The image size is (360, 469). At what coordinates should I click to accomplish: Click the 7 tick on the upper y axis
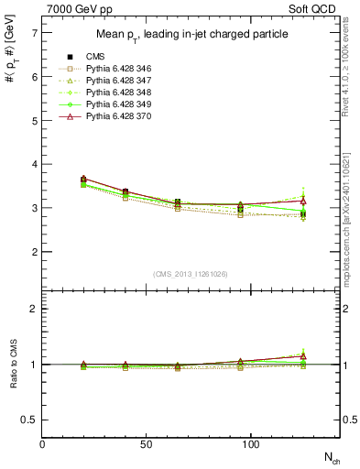pos(35,33)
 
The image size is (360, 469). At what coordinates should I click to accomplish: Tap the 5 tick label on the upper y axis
pos(35,120)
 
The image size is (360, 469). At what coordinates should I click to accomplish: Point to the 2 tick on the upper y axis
pos(35,252)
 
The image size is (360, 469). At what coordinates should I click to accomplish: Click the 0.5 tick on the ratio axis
pos(30,420)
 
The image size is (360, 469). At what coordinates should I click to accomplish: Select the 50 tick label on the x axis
pos(146,443)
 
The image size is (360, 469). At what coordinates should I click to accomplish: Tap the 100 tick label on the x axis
pos(251,443)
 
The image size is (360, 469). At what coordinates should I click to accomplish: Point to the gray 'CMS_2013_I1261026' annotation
pos(191,274)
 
